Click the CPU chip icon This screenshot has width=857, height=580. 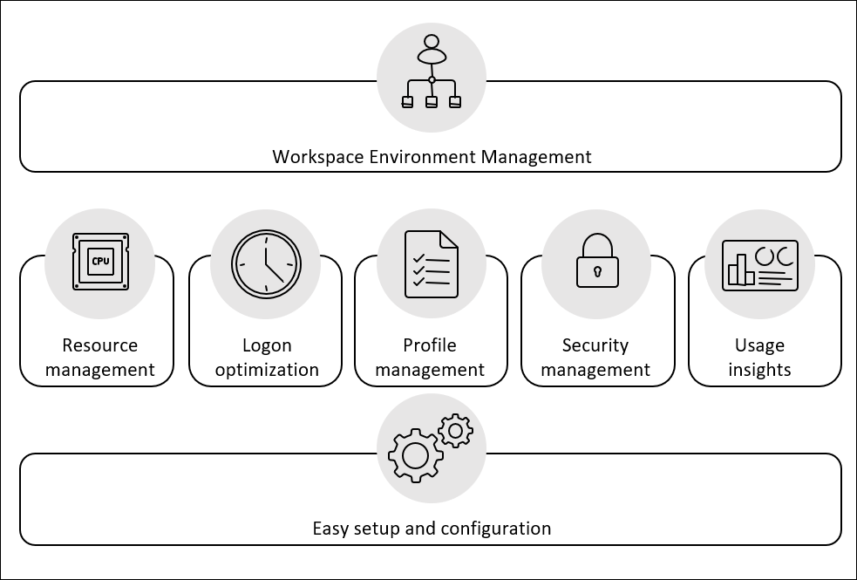[x=100, y=262]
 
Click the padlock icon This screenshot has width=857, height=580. [x=597, y=262]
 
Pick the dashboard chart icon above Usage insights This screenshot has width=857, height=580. [x=759, y=265]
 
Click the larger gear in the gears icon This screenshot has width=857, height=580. [x=415, y=455]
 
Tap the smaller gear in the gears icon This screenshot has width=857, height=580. [x=455, y=431]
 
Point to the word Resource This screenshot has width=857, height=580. [x=100, y=345]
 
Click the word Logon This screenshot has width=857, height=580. [x=267, y=345]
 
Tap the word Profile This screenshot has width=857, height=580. [x=430, y=345]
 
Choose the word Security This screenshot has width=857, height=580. [x=595, y=345]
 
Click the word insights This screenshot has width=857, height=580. [x=759, y=370]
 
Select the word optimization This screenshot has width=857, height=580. [x=267, y=370]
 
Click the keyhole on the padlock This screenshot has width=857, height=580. [x=597, y=272]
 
